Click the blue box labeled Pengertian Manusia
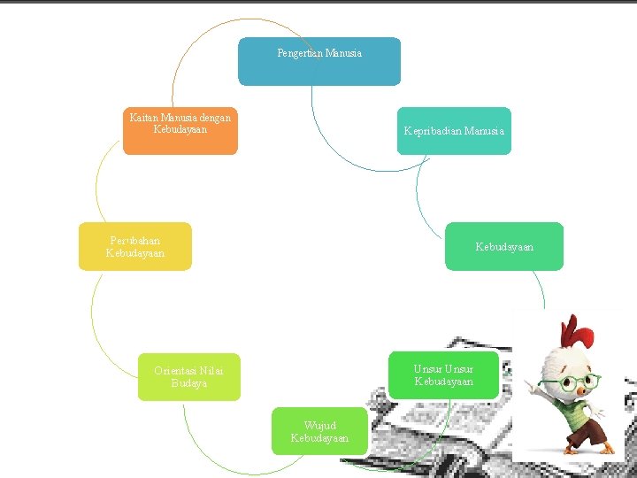pyautogui.click(x=318, y=61)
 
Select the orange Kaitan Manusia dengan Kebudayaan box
pyautogui.click(x=180, y=131)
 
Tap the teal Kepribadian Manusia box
pyautogui.click(x=454, y=131)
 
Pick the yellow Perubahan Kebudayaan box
pyautogui.click(x=134, y=246)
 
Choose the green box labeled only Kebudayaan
pyautogui.click(x=504, y=246)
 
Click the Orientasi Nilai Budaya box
pyautogui.click(x=189, y=377)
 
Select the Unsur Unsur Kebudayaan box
pyautogui.click(x=443, y=375)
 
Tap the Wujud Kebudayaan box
pyautogui.click(x=319, y=431)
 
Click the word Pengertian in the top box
pyautogui.click(x=299, y=53)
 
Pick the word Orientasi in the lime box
pyautogui.click(x=175, y=370)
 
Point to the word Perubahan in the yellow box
pyautogui.click(x=135, y=240)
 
